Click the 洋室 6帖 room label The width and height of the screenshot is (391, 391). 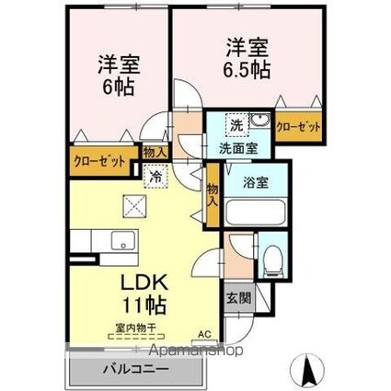[119, 75]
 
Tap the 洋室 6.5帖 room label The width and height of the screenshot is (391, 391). [247, 58]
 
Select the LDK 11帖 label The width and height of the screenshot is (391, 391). [144, 293]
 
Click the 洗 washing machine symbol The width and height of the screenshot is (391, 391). [236, 125]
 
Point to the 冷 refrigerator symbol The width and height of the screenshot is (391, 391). [156, 176]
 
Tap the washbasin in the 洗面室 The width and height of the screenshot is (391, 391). [259, 120]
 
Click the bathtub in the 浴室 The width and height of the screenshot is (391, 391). [256, 213]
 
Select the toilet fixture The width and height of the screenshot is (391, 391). [272, 261]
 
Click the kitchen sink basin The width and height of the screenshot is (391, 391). [123, 241]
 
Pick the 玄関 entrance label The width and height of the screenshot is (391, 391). [238, 298]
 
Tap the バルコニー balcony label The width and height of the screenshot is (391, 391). [135, 369]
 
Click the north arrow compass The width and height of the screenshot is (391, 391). [307, 370]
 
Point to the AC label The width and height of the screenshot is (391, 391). [204, 335]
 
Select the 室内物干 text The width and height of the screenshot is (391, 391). [136, 328]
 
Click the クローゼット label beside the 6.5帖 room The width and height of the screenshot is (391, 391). [298, 127]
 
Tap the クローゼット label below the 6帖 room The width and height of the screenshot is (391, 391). [99, 161]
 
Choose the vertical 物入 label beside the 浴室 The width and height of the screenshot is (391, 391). [213, 195]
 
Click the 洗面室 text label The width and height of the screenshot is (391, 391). [238, 149]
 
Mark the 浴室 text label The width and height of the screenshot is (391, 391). [256, 183]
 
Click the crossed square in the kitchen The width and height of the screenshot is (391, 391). [134, 206]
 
